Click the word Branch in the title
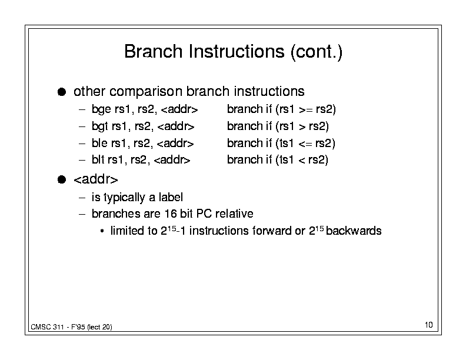[153, 51]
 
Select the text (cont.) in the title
[317, 52]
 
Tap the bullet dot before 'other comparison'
[62, 92]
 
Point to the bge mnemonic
[101, 109]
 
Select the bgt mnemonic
[100, 126]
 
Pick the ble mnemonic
[99, 143]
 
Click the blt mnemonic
[98, 160]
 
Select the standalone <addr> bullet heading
[96, 179]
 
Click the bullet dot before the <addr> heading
[62, 179]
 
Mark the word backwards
[354, 231]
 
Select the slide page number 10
[429, 325]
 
